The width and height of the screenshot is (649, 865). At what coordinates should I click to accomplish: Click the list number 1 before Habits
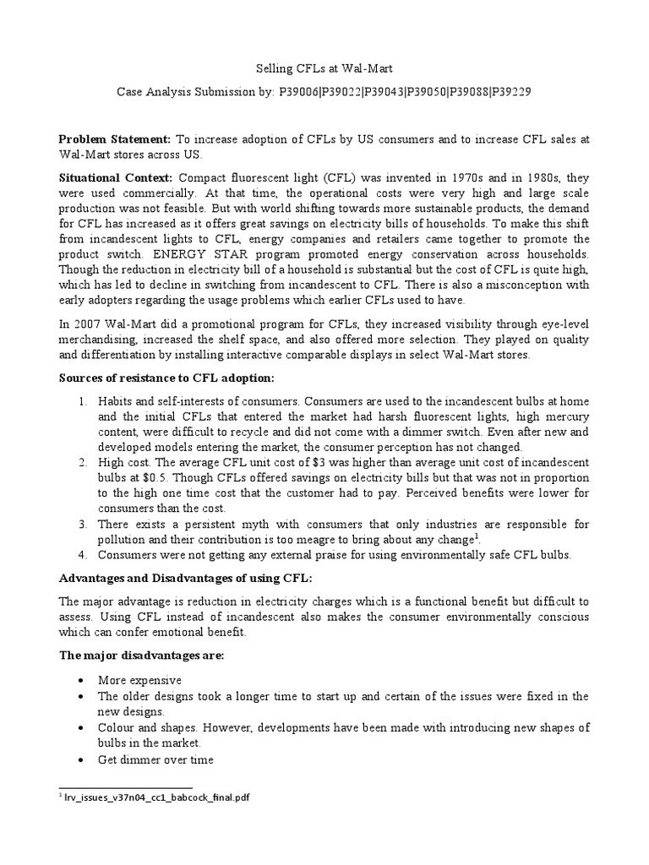click(83, 400)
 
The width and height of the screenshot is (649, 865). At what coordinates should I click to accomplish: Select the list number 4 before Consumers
click(83, 554)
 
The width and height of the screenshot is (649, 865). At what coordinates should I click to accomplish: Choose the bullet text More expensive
click(139, 679)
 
